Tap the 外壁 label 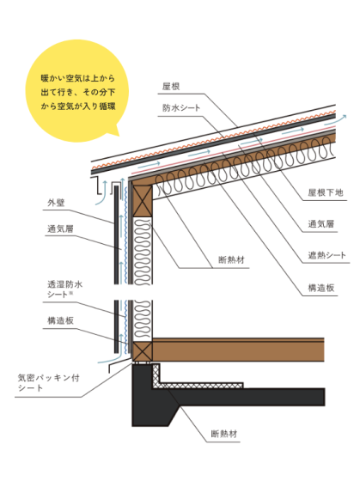tap(57, 204)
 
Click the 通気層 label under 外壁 tap(60, 229)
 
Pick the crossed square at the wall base tap(142, 350)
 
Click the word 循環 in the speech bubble tap(107, 106)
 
